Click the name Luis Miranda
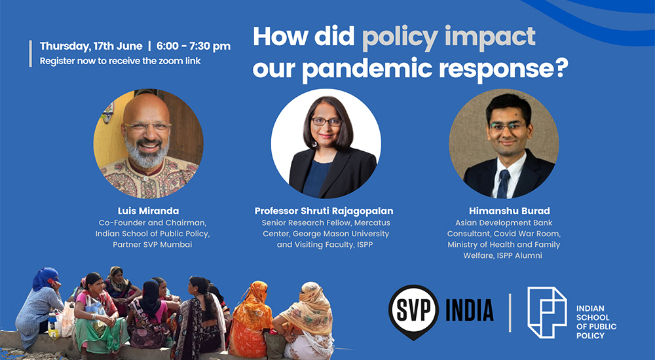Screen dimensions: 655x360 pyautogui.click(x=148, y=211)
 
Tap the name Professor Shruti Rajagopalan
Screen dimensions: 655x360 pyautogui.click(x=324, y=211)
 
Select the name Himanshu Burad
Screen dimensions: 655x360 pyautogui.click(x=509, y=211)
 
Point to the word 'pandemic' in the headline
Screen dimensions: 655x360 pyautogui.click(x=367, y=68)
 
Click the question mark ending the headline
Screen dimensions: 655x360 pyautogui.click(x=561, y=67)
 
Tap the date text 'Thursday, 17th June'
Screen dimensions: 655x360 pyautogui.click(x=91, y=46)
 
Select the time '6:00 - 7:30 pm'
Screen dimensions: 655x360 pyautogui.click(x=194, y=46)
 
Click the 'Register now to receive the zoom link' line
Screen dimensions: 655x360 pyautogui.click(x=121, y=61)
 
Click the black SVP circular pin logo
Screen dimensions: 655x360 pyautogui.click(x=413, y=312)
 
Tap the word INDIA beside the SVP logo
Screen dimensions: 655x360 pyautogui.click(x=470, y=310)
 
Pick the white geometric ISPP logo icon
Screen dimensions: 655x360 pyautogui.click(x=547, y=312)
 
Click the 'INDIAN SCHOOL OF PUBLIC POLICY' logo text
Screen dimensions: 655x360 pyautogui.click(x=596, y=322)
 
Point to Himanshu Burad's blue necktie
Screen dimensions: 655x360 pyautogui.click(x=503, y=184)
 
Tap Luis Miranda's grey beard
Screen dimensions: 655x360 pyautogui.click(x=147, y=153)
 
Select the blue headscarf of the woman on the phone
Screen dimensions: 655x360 pyautogui.click(x=45, y=278)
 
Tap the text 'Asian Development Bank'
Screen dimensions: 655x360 pyautogui.click(x=504, y=223)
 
